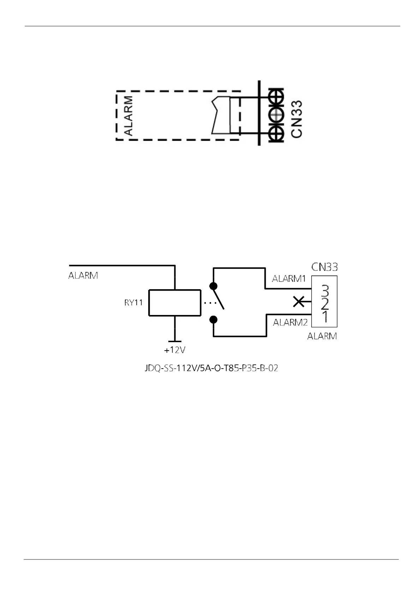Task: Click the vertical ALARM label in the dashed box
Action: pos(129,116)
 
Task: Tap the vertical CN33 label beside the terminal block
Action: pos(297,119)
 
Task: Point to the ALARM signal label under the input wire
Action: pos(83,275)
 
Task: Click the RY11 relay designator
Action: pos(133,303)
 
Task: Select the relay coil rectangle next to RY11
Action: pos(175,303)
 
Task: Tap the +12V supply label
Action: pos(175,350)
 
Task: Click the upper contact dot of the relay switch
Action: pos(214,286)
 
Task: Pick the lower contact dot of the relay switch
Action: pos(214,320)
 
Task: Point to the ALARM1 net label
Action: pos(289,279)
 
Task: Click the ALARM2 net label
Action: pos(290,322)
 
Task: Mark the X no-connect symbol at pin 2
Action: pos(299,302)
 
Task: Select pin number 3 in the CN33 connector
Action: pos(325,291)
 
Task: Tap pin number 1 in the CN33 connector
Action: pos(325,316)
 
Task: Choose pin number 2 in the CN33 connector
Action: pos(325,303)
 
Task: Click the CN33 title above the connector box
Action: pos(324,267)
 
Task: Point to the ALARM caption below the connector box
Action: pos(322,336)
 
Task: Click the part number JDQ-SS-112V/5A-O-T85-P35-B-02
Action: pos(211,368)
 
